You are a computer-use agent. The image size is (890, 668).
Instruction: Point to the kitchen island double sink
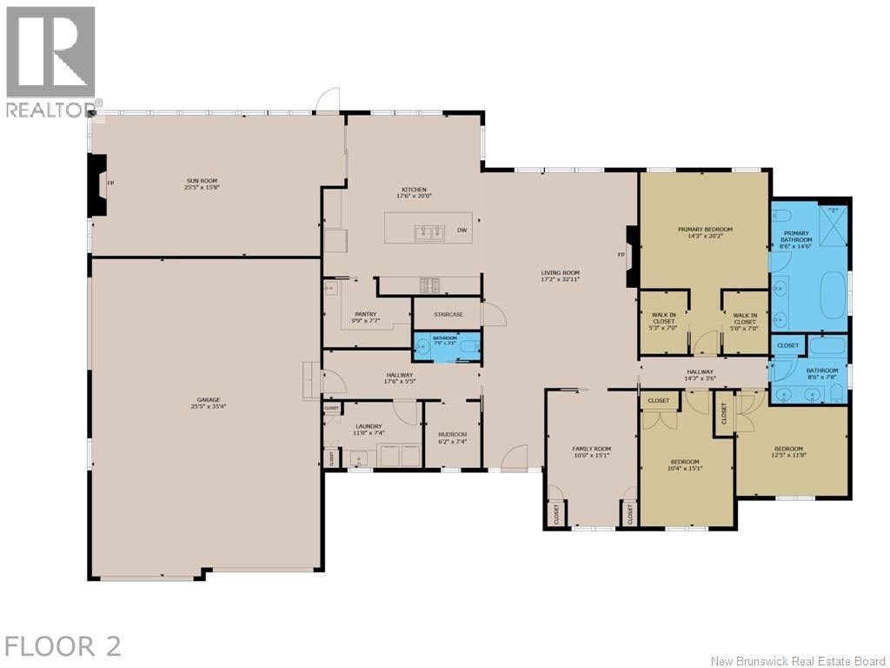tap(428, 232)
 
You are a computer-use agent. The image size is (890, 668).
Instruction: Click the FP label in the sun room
tap(110, 184)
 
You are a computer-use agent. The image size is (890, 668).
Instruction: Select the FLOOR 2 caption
tap(63, 646)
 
